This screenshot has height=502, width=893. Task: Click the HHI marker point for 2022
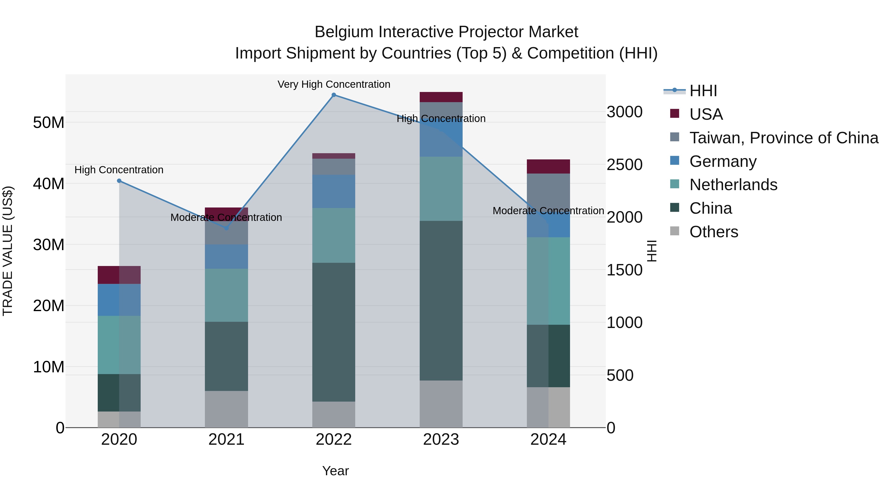click(x=333, y=95)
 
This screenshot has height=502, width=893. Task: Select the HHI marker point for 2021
click(x=226, y=228)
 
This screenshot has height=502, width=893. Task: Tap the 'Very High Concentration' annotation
click(x=333, y=85)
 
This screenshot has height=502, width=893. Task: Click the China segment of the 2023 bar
click(x=441, y=300)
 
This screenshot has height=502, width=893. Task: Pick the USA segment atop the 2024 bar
click(x=548, y=167)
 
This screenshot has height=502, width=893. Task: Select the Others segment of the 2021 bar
click(x=226, y=409)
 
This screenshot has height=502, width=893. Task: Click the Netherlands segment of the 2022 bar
click(x=333, y=235)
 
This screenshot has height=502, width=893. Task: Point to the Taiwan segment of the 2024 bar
click(x=548, y=191)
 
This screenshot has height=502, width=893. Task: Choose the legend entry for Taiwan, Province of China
click(x=783, y=138)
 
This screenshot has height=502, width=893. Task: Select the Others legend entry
click(x=713, y=232)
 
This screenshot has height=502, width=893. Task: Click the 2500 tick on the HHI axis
click(x=624, y=165)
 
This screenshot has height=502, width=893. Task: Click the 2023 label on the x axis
click(x=441, y=440)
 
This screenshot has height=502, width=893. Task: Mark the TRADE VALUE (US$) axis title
click(x=8, y=251)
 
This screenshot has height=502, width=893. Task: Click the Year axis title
click(x=335, y=471)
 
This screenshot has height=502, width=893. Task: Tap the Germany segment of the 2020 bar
click(x=119, y=300)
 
